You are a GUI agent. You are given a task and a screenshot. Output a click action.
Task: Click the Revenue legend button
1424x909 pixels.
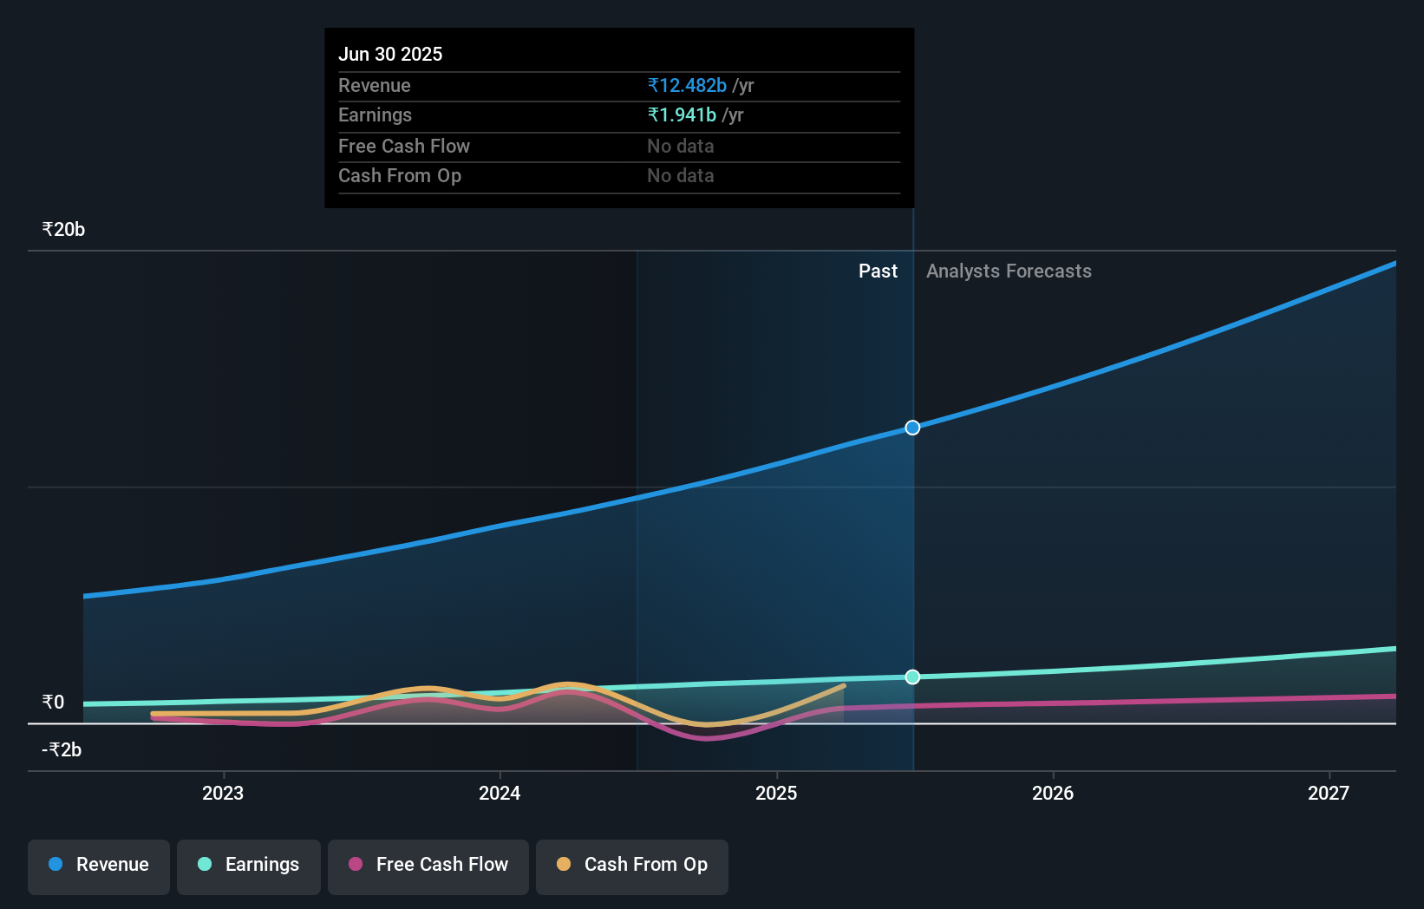(x=99, y=865)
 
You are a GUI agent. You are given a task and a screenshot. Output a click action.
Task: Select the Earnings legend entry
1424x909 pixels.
(x=249, y=865)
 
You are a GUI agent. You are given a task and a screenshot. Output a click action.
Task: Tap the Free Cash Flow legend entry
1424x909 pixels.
(x=428, y=865)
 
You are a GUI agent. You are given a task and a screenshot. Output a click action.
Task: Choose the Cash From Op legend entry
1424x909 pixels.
(x=632, y=865)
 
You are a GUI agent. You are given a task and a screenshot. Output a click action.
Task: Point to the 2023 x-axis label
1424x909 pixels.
(x=223, y=793)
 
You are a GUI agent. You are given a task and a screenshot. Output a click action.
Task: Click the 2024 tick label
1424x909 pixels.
(x=500, y=793)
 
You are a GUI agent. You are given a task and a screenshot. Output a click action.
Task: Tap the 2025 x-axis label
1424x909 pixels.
(x=776, y=793)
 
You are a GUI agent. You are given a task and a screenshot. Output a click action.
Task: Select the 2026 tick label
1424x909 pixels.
(x=1053, y=793)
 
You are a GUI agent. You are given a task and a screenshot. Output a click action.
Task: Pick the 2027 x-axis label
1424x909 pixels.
(x=1329, y=793)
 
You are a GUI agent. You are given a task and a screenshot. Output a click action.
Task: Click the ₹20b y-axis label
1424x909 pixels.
(x=63, y=230)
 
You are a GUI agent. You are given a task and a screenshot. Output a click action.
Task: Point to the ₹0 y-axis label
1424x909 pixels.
(x=53, y=702)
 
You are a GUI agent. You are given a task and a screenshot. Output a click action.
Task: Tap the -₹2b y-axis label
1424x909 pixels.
(x=62, y=749)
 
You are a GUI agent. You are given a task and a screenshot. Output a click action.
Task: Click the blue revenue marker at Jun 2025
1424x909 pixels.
(x=912, y=428)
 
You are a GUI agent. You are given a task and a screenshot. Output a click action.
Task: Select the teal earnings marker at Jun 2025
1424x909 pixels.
(x=912, y=677)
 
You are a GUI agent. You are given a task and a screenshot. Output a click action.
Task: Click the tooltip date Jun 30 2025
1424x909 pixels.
(x=390, y=54)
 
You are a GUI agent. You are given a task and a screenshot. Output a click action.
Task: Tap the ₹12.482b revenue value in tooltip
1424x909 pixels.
(x=687, y=85)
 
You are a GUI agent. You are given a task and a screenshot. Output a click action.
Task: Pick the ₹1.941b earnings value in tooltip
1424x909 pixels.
(x=682, y=115)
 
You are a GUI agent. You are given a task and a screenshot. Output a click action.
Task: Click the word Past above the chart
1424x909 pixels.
(x=878, y=271)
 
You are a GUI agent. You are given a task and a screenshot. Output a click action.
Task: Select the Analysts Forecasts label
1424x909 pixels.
(x=1009, y=271)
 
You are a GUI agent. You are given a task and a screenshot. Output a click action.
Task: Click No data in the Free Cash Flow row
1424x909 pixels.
(x=681, y=147)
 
